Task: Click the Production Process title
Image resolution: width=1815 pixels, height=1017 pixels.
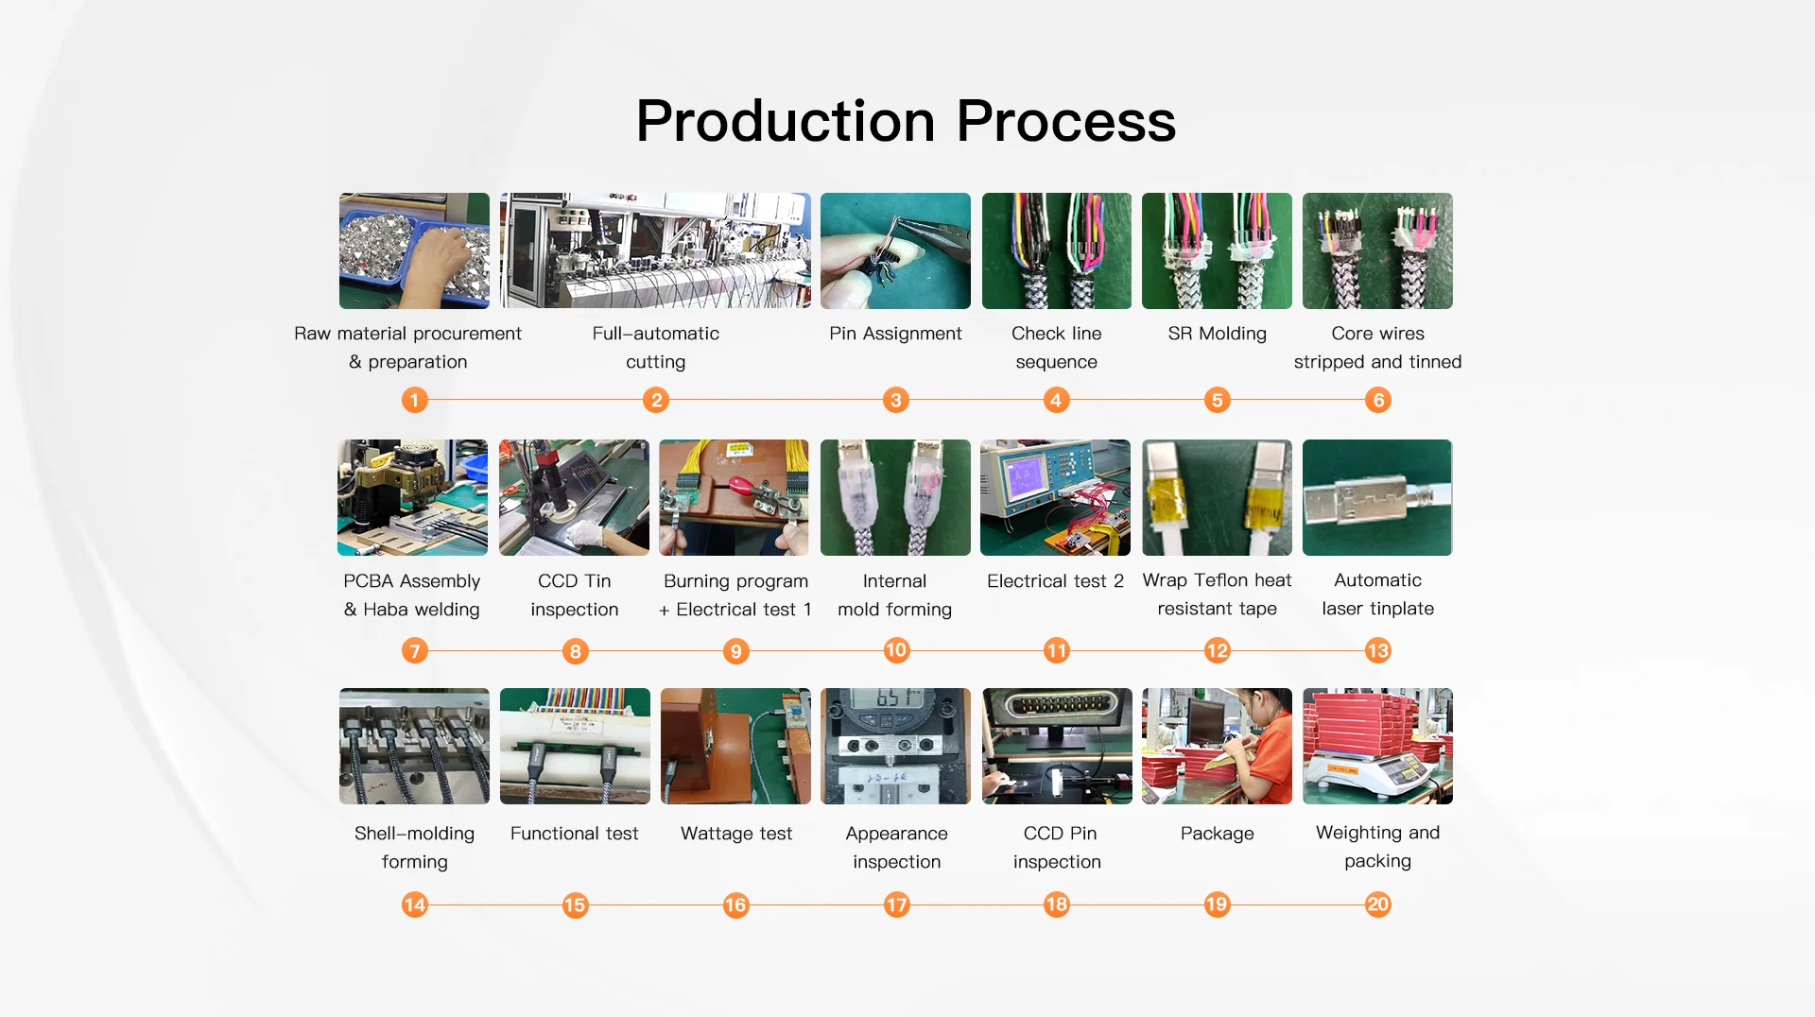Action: pyautogui.click(x=906, y=121)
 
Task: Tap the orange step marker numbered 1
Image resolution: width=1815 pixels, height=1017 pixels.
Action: pyautogui.click(x=414, y=400)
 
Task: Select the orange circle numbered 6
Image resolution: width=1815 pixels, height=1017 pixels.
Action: pyautogui.click(x=1378, y=400)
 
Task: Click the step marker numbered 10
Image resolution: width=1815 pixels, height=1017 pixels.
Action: pyautogui.click(x=896, y=649)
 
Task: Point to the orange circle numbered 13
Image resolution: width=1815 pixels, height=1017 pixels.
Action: pyautogui.click(x=1378, y=649)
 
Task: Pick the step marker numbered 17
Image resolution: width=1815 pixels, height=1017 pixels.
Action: pyautogui.click(x=896, y=905)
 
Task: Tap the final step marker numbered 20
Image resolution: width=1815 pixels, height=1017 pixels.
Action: pyautogui.click(x=1378, y=905)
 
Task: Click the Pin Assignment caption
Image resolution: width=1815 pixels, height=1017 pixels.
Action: pyautogui.click(x=895, y=334)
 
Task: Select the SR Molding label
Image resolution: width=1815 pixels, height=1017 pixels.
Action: pyautogui.click(x=1217, y=334)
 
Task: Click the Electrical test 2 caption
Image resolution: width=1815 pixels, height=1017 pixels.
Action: pyautogui.click(x=1055, y=580)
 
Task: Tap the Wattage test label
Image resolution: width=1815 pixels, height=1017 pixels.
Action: pyautogui.click(x=736, y=833)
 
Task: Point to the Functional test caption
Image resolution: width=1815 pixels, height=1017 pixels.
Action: pyautogui.click(x=574, y=833)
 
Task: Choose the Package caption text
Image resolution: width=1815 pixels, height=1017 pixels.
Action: pyautogui.click(x=1217, y=834)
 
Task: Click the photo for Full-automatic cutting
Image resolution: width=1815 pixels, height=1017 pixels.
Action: pyautogui.click(x=655, y=250)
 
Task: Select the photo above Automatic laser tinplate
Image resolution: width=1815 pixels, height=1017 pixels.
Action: pyautogui.click(x=1377, y=497)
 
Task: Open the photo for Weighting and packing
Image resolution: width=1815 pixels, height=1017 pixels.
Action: pyautogui.click(x=1377, y=746)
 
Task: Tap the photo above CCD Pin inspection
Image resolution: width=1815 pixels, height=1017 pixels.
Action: pyautogui.click(x=1057, y=746)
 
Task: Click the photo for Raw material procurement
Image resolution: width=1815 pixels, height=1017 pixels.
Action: pyautogui.click(x=414, y=250)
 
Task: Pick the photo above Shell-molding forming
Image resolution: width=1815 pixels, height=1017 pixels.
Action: pyautogui.click(x=414, y=746)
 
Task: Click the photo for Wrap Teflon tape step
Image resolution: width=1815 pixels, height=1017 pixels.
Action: pyautogui.click(x=1217, y=497)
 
